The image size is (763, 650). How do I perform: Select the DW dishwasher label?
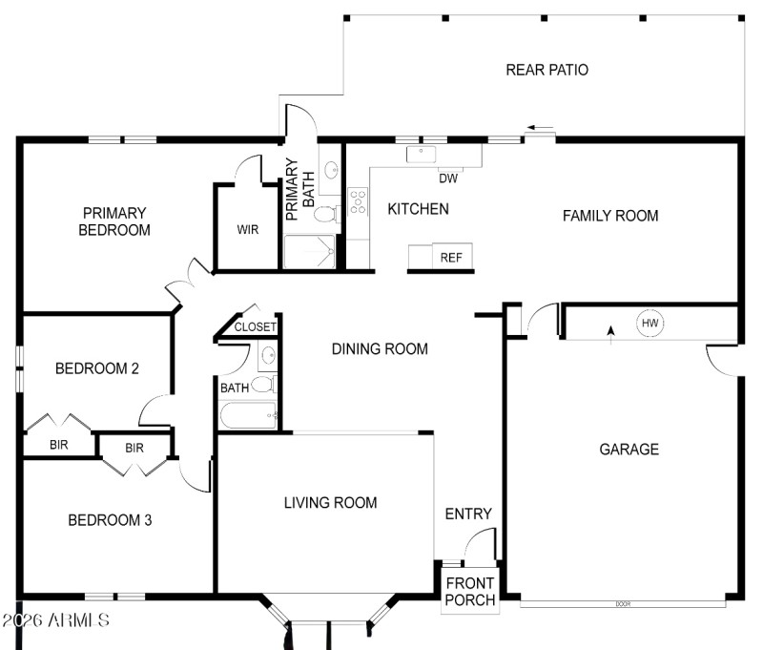click(448, 178)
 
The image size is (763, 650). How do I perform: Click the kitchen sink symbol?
click(421, 153)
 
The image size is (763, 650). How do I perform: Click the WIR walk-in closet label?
click(248, 230)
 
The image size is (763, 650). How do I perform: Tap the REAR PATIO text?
click(546, 70)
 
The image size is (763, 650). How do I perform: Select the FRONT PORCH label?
click(470, 592)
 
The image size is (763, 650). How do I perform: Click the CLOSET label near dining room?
click(255, 326)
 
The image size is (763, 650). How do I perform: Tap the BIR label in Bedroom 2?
click(59, 445)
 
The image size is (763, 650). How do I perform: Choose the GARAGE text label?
click(629, 449)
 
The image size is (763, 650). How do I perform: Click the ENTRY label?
click(468, 514)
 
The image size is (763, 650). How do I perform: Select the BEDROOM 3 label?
click(110, 520)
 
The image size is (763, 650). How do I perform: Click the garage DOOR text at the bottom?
click(624, 603)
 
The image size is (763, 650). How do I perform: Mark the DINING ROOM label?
click(380, 348)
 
